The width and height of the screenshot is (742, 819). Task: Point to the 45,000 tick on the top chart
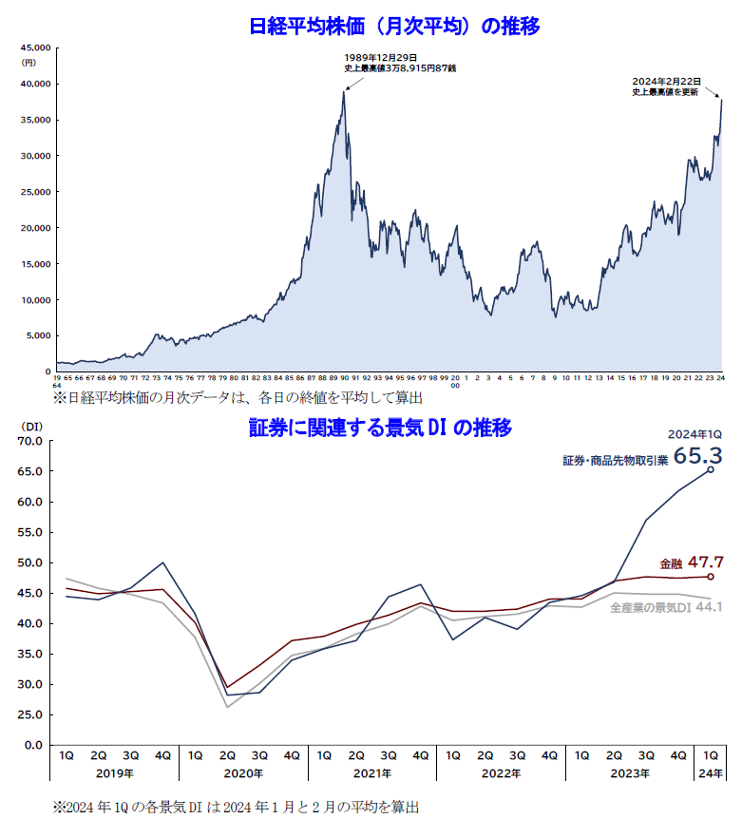point(37,47)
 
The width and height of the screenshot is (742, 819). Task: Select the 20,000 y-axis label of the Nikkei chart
point(37,228)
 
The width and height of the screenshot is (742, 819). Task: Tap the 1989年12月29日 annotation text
point(380,58)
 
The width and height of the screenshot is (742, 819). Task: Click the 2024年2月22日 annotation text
point(666,82)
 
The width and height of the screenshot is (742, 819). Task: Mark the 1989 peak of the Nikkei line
point(344,91)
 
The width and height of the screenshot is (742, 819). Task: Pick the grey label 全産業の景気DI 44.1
point(666,607)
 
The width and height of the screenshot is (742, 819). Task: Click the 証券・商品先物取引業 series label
point(616,459)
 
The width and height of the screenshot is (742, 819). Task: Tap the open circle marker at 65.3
point(711,469)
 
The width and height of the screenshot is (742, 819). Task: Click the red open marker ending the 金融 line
point(711,576)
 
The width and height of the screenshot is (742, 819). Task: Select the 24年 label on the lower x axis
point(711,773)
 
